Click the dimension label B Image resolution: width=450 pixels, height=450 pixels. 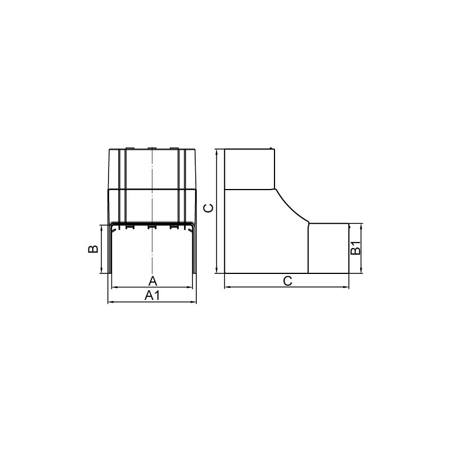click(x=93, y=249)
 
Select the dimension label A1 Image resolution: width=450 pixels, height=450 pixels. click(x=152, y=295)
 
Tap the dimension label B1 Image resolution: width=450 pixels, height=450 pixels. click(x=355, y=248)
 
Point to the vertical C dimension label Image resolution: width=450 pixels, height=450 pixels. click(x=208, y=208)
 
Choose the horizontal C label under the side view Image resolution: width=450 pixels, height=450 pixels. click(x=287, y=281)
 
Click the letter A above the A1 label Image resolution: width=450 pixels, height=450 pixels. click(x=153, y=281)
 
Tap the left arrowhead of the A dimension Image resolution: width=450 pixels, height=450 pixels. click(x=114, y=287)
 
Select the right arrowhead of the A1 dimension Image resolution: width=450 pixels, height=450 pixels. click(x=193, y=302)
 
